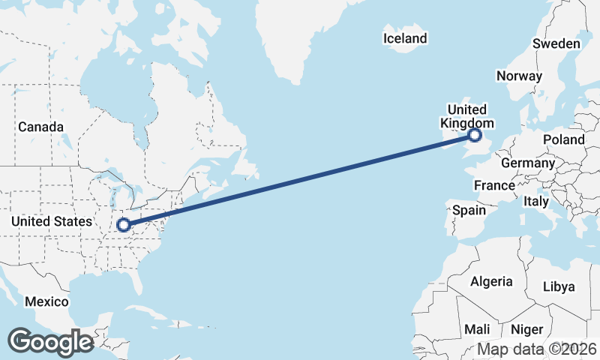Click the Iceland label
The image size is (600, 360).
405,38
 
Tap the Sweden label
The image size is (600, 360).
556,43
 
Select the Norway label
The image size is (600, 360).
519,76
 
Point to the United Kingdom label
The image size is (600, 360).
466,116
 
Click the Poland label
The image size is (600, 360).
565,139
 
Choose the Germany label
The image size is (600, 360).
527,163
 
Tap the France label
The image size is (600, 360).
494,185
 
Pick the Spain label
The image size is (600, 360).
469,211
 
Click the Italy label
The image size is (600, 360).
536,202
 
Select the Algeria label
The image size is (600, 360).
490,282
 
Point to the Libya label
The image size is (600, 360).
558,287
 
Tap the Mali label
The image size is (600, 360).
477,329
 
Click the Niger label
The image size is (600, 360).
526,329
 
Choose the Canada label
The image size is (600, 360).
40,127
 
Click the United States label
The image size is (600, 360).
52,221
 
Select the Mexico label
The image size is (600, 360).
46,301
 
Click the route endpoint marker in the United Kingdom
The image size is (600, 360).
474,135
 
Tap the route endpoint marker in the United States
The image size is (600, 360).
124,223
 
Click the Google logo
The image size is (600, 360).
50,341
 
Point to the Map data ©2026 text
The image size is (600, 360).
537,349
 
